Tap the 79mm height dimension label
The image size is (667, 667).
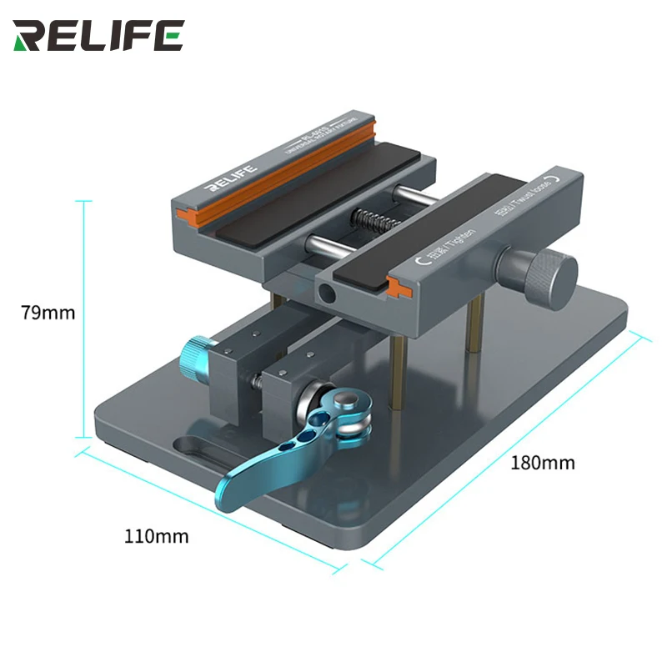[48, 313]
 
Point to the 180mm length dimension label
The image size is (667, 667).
[543, 462]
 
